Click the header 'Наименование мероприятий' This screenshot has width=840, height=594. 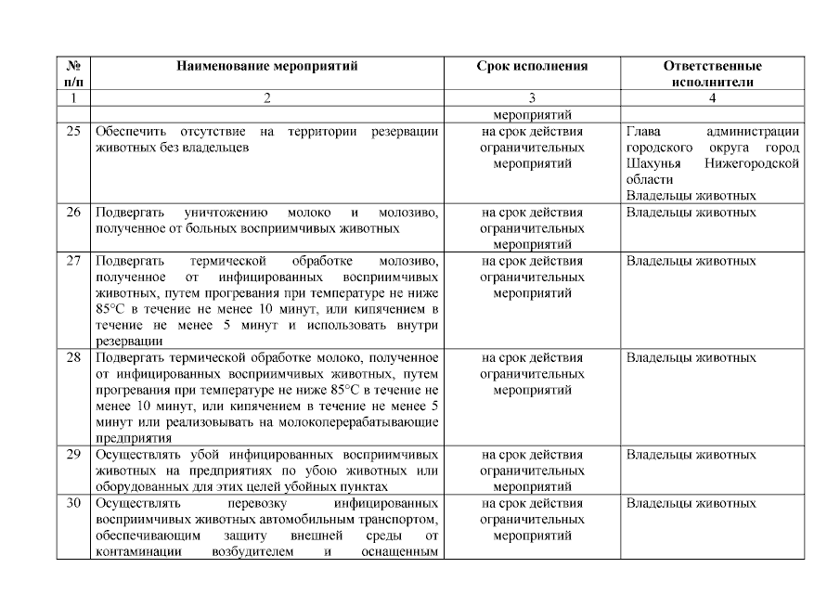(x=266, y=66)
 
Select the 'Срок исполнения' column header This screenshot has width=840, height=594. (x=532, y=66)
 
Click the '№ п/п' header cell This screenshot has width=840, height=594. (x=73, y=73)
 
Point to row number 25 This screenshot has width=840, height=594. (x=73, y=132)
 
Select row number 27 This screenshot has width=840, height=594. (x=73, y=261)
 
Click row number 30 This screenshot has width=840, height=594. (x=73, y=503)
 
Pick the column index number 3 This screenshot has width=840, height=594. (x=532, y=97)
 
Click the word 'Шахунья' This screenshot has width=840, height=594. (x=654, y=163)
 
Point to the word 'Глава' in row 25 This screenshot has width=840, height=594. (x=644, y=132)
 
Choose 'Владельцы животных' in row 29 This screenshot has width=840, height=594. (x=691, y=455)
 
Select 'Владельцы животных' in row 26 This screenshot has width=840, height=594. (x=691, y=213)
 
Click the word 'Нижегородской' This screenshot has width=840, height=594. (x=752, y=163)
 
